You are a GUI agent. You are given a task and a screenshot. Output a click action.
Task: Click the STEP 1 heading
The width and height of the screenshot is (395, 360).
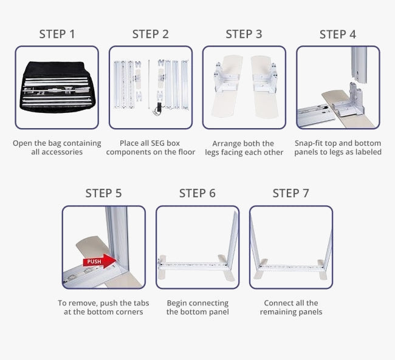(x=57, y=34)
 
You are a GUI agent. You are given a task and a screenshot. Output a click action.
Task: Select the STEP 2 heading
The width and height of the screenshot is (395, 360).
(x=151, y=34)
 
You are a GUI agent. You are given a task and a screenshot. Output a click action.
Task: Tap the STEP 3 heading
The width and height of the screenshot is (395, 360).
(x=244, y=34)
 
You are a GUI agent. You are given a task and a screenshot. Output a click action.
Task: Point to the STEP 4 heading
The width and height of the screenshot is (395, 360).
(x=337, y=34)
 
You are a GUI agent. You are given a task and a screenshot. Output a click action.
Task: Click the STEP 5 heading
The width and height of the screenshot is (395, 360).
(x=103, y=194)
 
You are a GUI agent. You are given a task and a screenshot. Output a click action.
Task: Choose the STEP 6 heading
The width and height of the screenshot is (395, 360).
(x=197, y=194)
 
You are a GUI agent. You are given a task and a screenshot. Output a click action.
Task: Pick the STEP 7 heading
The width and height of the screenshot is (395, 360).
(x=290, y=194)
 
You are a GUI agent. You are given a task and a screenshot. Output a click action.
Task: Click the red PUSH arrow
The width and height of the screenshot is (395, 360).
(x=98, y=262)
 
